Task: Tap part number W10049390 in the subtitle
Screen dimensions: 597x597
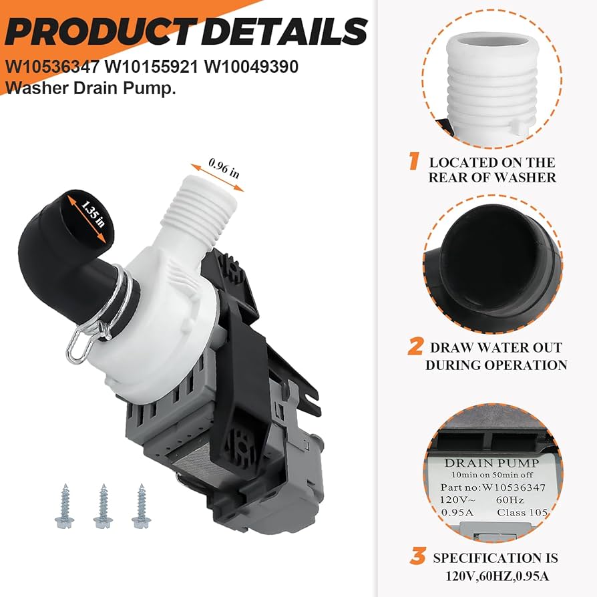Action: click(x=251, y=67)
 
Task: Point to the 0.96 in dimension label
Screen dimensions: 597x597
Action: click(x=224, y=168)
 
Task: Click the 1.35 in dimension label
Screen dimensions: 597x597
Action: click(x=93, y=214)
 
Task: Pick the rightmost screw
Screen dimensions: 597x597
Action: click(x=140, y=506)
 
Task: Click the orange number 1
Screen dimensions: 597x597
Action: click(x=414, y=161)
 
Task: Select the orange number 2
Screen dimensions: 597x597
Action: click(x=415, y=346)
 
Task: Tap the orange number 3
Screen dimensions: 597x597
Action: click(x=417, y=556)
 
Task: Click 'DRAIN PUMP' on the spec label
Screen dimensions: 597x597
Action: click(x=491, y=463)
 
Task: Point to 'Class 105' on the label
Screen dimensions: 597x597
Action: click(x=522, y=512)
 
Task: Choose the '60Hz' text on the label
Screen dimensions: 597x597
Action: click(x=510, y=500)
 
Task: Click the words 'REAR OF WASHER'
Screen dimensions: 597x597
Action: click(x=492, y=178)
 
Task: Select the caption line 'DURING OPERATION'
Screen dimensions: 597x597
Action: click(x=496, y=365)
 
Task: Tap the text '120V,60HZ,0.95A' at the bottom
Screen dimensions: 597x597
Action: click(x=497, y=576)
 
